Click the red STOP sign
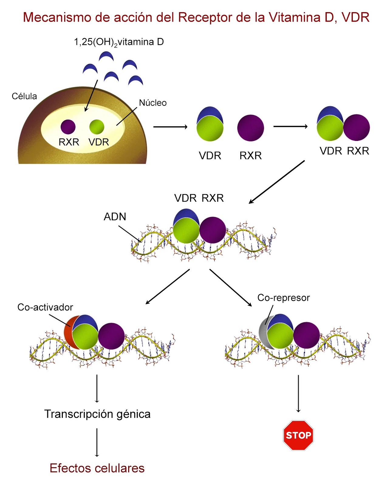tap(298, 435)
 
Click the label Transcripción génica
tap(97, 414)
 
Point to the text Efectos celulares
tap(97, 468)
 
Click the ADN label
tap(115, 217)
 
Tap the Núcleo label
tap(153, 103)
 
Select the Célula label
tap(24, 96)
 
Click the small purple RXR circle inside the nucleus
tap(68, 127)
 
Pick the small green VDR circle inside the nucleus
tap(97, 127)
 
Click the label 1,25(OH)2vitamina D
tap(119, 42)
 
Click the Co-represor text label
tap(283, 298)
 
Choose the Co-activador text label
tap(45, 307)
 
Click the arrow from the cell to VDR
tap(170, 127)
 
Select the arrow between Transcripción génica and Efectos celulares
tap(97, 442)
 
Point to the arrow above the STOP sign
tap(298, 393)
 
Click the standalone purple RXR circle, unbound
tap(251, 128)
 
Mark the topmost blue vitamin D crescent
tap(106, 56)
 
